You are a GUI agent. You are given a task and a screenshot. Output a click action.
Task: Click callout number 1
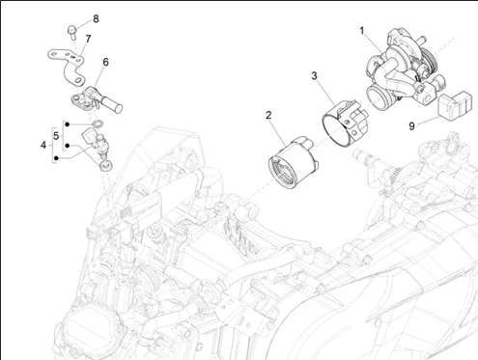362,31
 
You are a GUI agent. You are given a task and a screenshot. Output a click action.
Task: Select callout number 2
268,115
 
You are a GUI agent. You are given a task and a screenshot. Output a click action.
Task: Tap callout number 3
314,76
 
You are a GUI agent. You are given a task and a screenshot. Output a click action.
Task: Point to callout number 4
43,145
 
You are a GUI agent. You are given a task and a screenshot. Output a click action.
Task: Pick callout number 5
56,136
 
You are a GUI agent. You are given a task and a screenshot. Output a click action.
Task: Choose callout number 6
105,62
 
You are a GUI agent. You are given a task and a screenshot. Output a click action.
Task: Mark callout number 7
88,39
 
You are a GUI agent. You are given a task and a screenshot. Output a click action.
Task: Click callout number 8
96,18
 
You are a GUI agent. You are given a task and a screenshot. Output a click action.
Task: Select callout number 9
411,126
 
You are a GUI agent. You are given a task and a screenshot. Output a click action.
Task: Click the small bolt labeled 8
71,32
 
